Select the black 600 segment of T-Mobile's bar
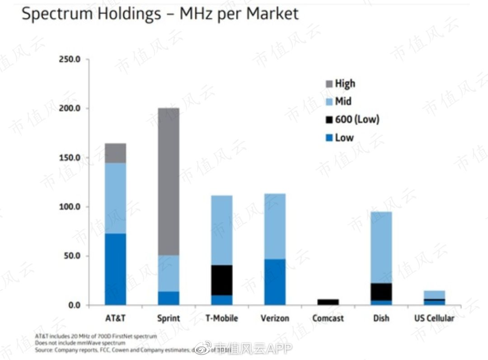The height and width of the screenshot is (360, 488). pyautogui.click(x=221, y=280)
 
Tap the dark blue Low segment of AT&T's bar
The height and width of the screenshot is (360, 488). pyautogui.click(x=115, y=269)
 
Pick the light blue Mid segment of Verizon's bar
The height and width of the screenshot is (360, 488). pyautogui.click(x=275, y=226)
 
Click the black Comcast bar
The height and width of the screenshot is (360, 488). pyautogui.click(x=328, y=302)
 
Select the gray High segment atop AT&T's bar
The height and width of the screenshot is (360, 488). pyautogui.click(x=115, y=153)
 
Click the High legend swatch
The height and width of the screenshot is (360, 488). pyautogui.click(x=328, y=84)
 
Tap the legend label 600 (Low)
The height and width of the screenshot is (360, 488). pyautogui.click(x=357, y=120)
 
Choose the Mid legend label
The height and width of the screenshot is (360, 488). pyautogui.click(x=343, y=102)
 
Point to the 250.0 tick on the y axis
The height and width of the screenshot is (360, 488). pyautogui.click(x=70, y=60)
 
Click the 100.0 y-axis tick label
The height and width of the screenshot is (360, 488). pyautogui.click(x=70, y=207)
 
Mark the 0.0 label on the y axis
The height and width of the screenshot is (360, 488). pyautogui.click(x=73, y=305)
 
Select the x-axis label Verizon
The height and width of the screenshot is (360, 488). pyautogui.click(x=275, y=318)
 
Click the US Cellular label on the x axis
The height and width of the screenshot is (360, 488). pyautogui.click(x=434, y=318)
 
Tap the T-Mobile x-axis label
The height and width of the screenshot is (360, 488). pyautogui.click(x=221, y=318)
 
